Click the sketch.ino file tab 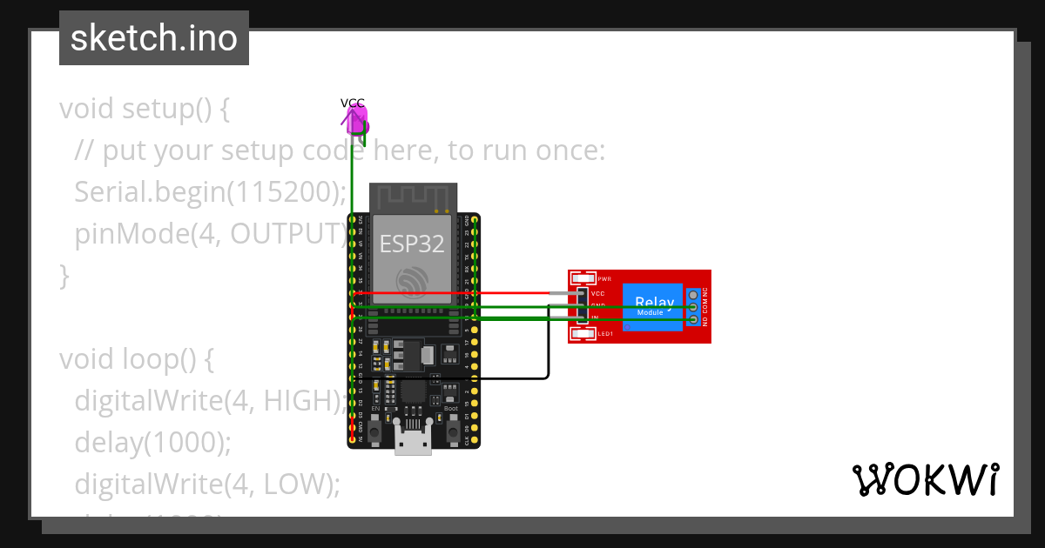click(153, 38)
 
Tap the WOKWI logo click(924, 479)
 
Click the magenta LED click(358, 122)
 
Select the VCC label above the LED click(353, 103)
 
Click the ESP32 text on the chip click(413, 244)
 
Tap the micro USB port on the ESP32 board click(413, 439)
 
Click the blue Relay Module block click(652, 307)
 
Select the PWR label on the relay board click(604, 279)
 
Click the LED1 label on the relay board click(605, 333)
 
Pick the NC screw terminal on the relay click(693, 295)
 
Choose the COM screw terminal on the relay click(693, 307)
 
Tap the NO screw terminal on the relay click(693, 320)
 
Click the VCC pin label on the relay click(598, 294)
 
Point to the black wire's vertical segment click(548, 344)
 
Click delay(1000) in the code click(153, 442)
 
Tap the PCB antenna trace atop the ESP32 click(413, 197)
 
